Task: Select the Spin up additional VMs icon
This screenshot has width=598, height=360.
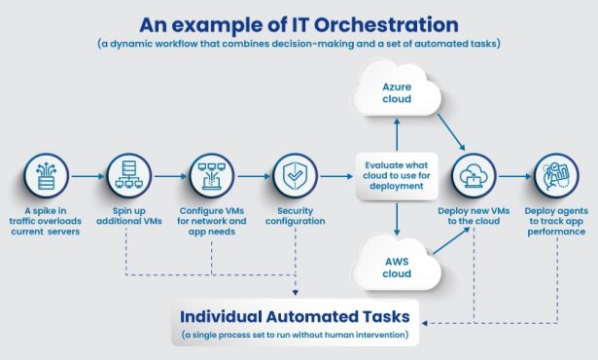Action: tap(127, 176)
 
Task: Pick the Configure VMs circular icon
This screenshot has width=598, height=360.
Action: tap(211, 176)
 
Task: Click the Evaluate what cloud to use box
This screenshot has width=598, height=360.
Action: tap(396, 176)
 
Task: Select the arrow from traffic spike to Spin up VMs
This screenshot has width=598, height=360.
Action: tap(85, 176)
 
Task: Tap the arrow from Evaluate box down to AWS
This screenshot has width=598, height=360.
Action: tap(396, 219)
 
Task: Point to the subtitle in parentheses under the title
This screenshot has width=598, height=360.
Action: tap(299, 44)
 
